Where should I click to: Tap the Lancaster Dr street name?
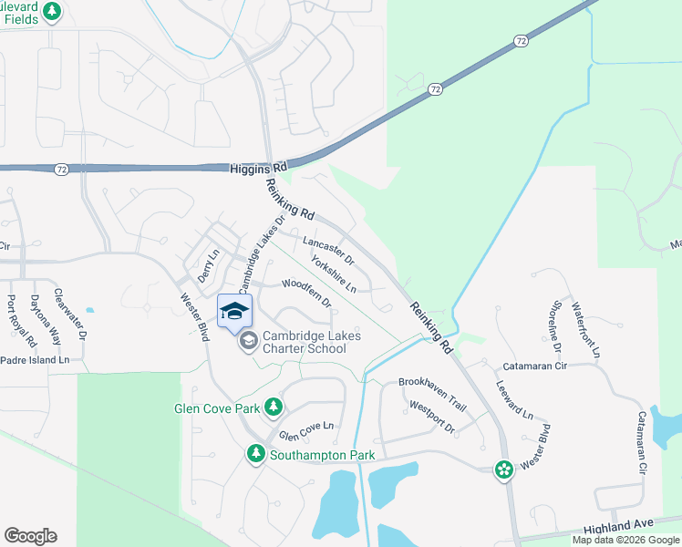click(x=328, y=246)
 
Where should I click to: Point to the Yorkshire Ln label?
click(x=333, y=273)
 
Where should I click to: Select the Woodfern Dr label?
click(x=305, y=292)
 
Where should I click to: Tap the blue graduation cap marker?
click(x=234, y=310)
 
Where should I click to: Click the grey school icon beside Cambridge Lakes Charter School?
click(x=247, y=343)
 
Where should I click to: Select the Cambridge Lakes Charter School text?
click(x=311, y=343)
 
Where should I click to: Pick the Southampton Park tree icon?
click(x=256, y=453)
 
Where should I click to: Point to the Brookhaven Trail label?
click(x=432, y=383)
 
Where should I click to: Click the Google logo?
click(x=30, y=536)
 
